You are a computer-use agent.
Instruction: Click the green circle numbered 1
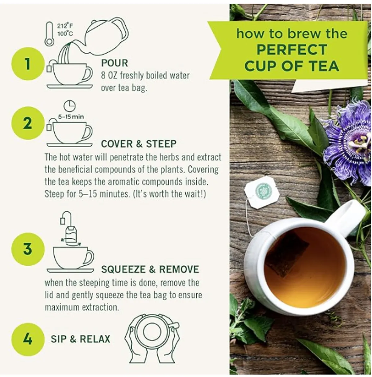coord(28,64)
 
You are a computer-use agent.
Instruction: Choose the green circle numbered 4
coord(28,339)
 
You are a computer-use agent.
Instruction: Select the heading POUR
coord(114,63)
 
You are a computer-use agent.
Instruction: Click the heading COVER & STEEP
coord(139,144)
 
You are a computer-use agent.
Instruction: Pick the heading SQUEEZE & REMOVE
coord(150,269)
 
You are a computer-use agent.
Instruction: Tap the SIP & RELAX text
coord(80,339)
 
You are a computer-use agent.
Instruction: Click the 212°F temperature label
coord(65,26)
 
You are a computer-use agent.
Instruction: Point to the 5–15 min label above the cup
coord(71,117)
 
